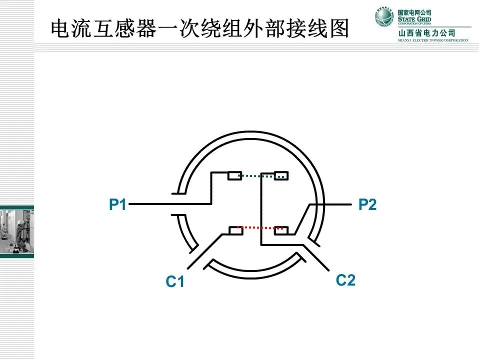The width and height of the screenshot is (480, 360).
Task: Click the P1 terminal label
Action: coord(118,204)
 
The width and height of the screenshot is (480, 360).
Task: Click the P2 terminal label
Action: coord(367,204)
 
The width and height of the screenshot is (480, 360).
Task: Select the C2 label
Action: coord(345,280)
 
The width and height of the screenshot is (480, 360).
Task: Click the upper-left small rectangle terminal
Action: coord(234,175)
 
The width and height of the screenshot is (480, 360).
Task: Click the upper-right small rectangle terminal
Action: coord(281,175)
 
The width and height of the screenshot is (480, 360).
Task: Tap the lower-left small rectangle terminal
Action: coord(235,230)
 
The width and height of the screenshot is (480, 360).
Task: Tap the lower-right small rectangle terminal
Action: coord(281,230)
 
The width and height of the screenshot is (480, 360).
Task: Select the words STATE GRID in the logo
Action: coord(414,18)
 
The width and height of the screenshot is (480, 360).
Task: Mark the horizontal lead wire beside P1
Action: coord(150,204)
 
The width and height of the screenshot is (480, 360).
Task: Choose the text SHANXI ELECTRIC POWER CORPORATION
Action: coord(433,40)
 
